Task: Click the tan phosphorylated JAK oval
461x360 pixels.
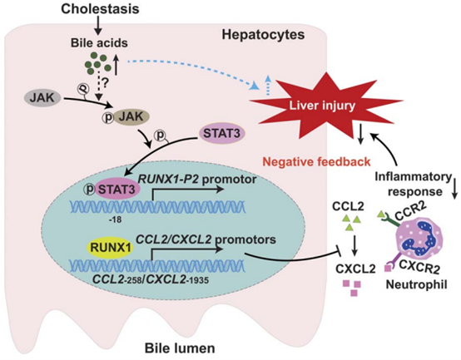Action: coord(124,119)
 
